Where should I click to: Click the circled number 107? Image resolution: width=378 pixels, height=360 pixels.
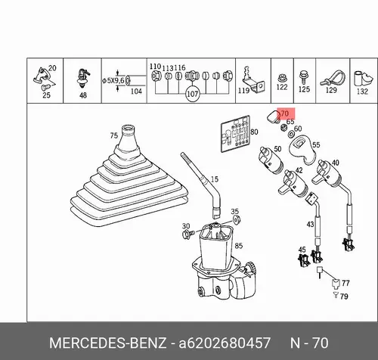pyautogui.click(x=193, y=95)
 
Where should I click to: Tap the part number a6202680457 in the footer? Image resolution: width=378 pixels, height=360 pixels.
pyautogui.click(x=225, y=343)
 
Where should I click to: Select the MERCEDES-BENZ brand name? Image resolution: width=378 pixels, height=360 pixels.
pyautogui.click(x=108, y=343)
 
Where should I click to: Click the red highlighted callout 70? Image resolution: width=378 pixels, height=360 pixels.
pyautogui.click(x=286, y=113)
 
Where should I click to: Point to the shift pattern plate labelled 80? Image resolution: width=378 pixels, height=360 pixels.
pyautogui.click(x=235, y=134)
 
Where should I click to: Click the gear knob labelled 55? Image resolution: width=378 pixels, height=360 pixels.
pyautogui.click(x=301, y=149)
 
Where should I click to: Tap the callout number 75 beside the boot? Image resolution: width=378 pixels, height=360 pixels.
pyautogui.click(x=114, y=135)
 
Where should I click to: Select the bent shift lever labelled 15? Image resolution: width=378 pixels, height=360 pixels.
pyautogui.click(x=201, y=185)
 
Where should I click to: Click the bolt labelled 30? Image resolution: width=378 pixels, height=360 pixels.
pyautogui.click(x=187, y=234)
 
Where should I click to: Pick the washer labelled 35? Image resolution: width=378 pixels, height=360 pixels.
pyautogui.click(x=236, y=219)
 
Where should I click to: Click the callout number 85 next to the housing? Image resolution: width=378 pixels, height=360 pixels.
pyautogui.click(x=239, y=245)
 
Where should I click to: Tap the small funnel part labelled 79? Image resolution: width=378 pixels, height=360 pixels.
pyautogui.click(x=336, y=295)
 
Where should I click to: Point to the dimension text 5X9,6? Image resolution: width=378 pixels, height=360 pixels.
pyautogui.click(x=116, y=80)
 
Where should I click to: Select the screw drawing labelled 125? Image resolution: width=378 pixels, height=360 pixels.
pyautogui.click(x=304, y=78)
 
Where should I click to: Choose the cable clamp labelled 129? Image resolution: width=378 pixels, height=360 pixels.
pyautogui.click(x=333, y=79)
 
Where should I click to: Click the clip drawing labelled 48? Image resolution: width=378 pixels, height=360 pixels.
pyautogui.click(x=83, y=78)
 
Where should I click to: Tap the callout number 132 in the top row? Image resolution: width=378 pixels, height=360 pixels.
pyautogui.click(x=362, y=92)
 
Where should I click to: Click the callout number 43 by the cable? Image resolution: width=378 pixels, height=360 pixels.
pyautogui.click(x=311, y=224)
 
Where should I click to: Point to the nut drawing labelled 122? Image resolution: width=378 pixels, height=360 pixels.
pyautogui.click(x=282, y=78)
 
